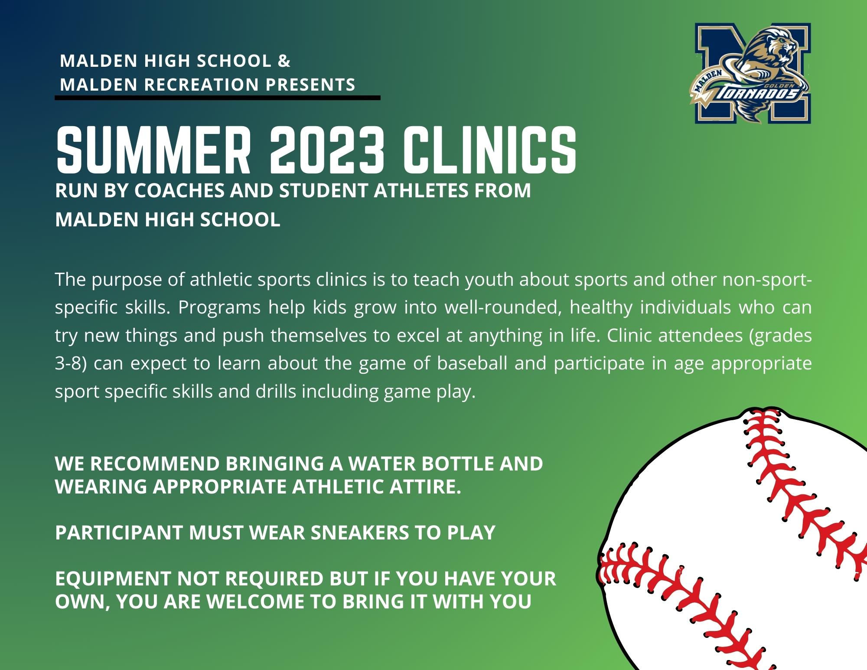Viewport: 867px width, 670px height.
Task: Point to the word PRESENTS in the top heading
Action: pos(310,85)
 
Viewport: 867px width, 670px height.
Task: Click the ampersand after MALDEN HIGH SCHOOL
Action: pos(284,61)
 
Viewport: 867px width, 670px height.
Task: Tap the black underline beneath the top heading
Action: pos(217,98)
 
